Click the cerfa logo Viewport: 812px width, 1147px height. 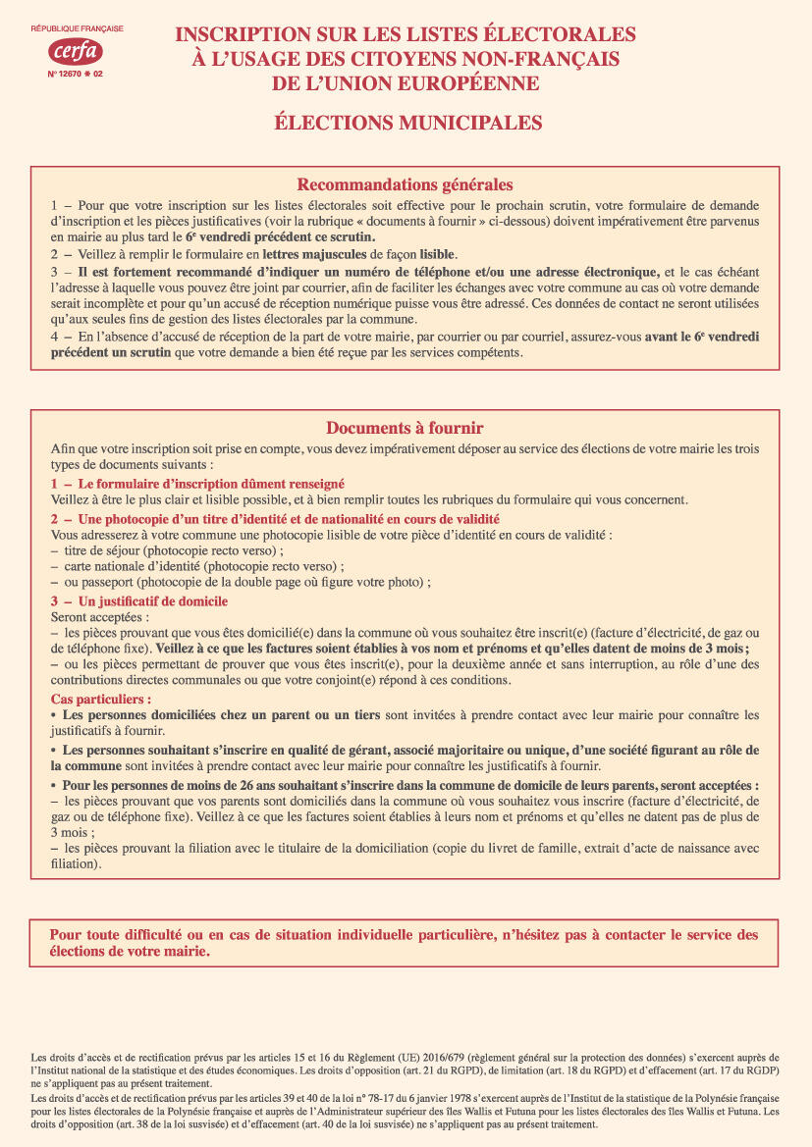tap(76, 51)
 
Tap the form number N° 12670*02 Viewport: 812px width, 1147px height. tap(76, 75)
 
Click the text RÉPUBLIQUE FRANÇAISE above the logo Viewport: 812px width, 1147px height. tap(76, 31)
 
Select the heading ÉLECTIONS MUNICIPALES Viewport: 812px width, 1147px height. tap(406, 123)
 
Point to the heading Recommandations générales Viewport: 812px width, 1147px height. tap(405, 184)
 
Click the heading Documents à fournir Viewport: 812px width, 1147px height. tap(405, 429)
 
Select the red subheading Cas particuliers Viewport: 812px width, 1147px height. tap(101, 700)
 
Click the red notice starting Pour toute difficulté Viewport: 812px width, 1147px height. tap(404, 943)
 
